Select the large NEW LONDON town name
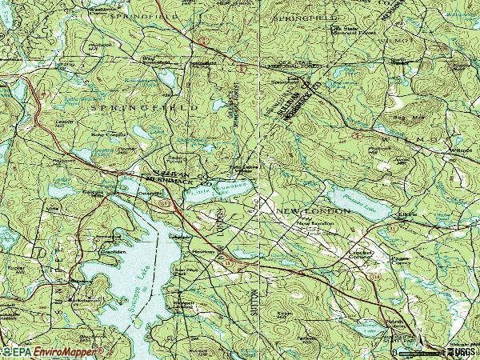tap(313, 210)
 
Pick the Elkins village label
tap(401, 214)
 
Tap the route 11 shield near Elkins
tap(394, 230)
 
